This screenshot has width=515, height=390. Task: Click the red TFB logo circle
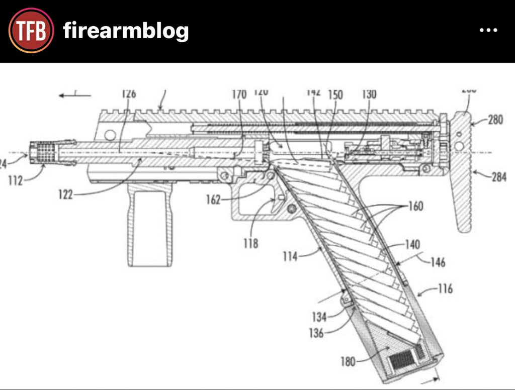[31, 31]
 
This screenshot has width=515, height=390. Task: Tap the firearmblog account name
[126, 32]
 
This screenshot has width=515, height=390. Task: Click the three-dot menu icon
[488, 31]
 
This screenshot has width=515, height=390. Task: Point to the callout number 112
[16, 180]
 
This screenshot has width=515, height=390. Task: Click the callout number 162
[213, 200]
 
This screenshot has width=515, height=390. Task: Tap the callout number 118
[250, 243]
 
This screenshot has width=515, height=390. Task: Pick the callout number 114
[290, 256]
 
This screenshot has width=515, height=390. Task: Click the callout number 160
[416, 206]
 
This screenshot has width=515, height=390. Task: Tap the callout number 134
[319, 317]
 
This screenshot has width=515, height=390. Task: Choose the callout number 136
[316, 333]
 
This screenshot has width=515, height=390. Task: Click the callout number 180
[347, 361]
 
